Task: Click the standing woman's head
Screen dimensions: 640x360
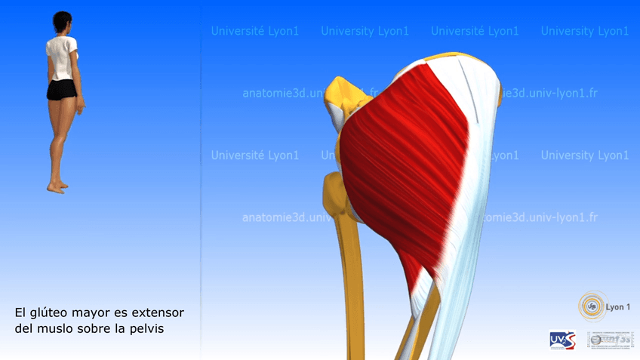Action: [61, 23]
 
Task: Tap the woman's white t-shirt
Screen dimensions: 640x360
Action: [62, 57]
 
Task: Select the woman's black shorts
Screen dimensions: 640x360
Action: [60, 90]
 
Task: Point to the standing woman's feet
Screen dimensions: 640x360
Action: [57, 185]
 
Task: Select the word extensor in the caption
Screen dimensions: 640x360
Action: [158, 312]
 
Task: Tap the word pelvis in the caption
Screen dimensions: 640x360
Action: [146, 329]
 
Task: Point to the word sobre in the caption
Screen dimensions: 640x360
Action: [97, 329]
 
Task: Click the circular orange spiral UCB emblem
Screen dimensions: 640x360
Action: [592, 306]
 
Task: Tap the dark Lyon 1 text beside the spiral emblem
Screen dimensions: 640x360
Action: [618, 307]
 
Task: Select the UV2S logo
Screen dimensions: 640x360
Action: [562, 340]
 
